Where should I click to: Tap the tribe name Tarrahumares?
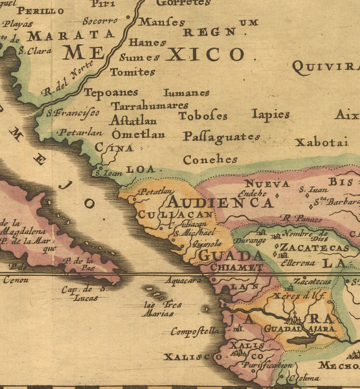point(150,106)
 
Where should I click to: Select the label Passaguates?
point(221,137)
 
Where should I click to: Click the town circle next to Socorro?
point(128,18)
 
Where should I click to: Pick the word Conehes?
point(210,160)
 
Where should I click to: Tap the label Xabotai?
point(322,143)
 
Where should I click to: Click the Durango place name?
point(249,240)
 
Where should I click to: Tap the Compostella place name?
point(195,331)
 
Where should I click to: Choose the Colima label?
point(304,378)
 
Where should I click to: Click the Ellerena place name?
point(298,263)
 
